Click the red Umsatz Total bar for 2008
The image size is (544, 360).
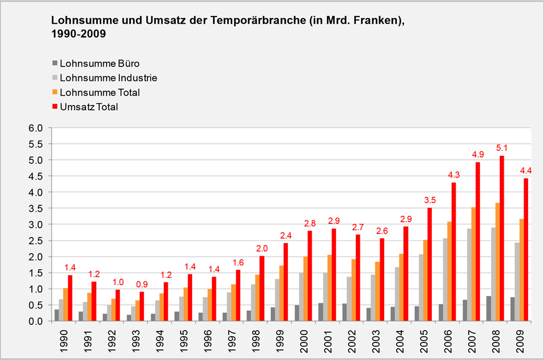click(501, 238)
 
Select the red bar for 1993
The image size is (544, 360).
click(142, 306)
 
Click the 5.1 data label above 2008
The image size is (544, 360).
click(501, 149)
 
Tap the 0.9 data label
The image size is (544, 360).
click(142, 284)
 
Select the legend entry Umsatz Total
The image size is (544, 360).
click(88, 106)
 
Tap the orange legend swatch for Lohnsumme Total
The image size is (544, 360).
click(54, 92)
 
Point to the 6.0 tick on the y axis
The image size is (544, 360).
click(36, 128)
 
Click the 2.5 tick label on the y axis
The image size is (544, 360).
click(36, 240)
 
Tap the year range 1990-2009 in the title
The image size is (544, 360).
click(78, 34)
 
